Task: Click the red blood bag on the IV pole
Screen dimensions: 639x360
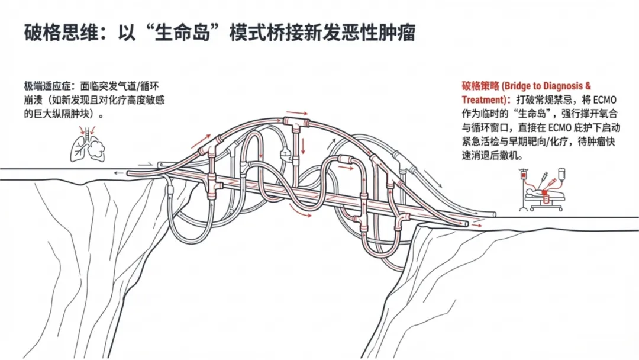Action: [x=524, y=176]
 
